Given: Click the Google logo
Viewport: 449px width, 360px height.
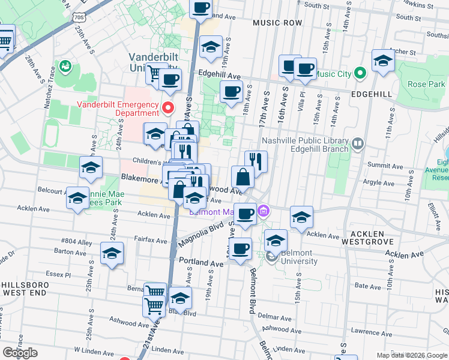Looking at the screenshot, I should [x=20, y=353].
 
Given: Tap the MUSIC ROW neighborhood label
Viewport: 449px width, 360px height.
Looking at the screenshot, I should [x=277, y=22].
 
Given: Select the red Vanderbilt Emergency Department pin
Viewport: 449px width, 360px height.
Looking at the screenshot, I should [x=169, y=108].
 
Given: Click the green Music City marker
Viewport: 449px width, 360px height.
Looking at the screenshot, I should [x=360, y=74].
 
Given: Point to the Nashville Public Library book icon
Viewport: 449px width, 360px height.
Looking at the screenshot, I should [x=358, y=143].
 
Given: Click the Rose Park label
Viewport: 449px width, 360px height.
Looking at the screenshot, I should [x=426, y=84].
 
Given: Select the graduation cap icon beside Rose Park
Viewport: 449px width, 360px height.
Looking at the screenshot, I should [x=382, y=61].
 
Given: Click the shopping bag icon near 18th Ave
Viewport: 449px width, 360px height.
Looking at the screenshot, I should [x=242, y=178].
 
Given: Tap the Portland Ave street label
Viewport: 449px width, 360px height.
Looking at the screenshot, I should [x=201, y=263].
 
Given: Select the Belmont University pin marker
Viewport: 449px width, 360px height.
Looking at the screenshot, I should [x=271, y=257].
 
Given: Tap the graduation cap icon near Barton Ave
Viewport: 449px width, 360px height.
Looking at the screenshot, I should [x=112, y=254].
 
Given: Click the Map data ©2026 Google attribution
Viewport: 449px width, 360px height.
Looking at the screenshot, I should [x=411, y=355].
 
